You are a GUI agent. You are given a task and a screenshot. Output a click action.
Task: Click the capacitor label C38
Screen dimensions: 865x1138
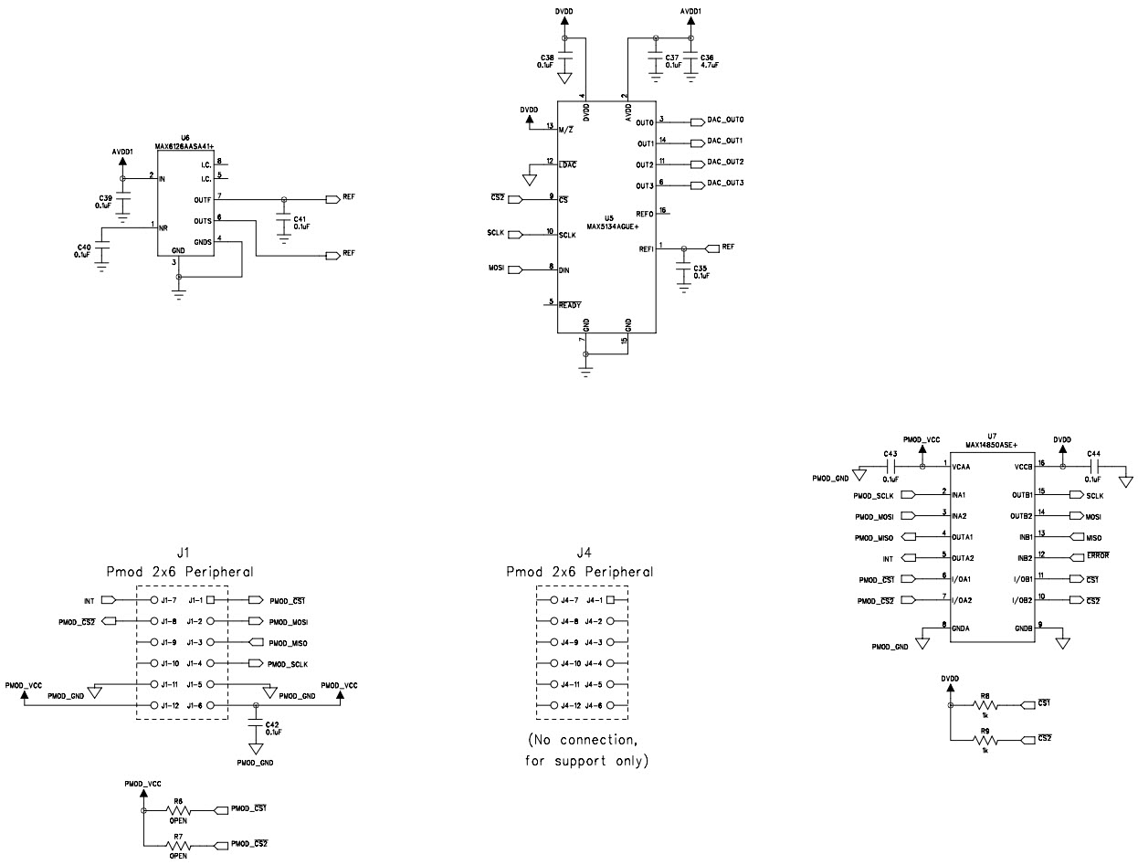547,58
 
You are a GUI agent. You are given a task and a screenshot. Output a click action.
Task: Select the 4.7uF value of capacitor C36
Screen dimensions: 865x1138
710,66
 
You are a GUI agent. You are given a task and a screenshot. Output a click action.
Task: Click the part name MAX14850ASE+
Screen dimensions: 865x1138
991,444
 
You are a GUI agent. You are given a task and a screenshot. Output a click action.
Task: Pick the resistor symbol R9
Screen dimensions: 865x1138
985,741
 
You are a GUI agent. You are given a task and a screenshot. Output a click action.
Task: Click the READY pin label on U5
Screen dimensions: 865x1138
570,304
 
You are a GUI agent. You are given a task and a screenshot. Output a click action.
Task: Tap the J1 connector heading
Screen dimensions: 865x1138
183,553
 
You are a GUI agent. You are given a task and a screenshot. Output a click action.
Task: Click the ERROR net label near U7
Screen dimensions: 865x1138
1097,556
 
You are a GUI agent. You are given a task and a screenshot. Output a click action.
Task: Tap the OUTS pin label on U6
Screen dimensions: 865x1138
203,220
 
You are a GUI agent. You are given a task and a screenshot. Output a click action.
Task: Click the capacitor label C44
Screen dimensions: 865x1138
1095,454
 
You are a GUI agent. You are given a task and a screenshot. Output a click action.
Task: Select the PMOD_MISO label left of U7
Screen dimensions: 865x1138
873,537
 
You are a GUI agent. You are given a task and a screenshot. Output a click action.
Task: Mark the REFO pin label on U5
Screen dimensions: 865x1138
645,212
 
